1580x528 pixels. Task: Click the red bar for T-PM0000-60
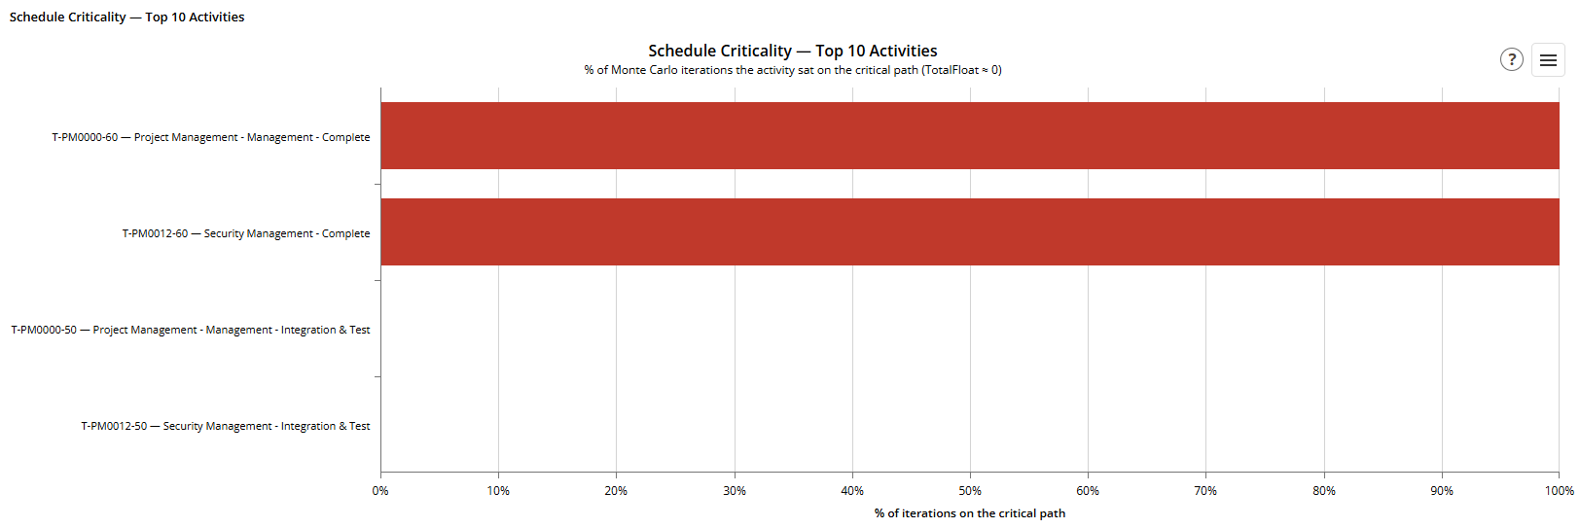pos(970,135)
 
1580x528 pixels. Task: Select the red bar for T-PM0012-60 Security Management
pos(970,232)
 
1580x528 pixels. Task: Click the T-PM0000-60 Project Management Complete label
pos(211,137)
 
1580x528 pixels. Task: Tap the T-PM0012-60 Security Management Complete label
pos(246,233)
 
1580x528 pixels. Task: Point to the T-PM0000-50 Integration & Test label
pos(191,330)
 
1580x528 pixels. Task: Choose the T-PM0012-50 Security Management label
pos(226,426)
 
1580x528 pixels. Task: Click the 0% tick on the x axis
pos(380,491)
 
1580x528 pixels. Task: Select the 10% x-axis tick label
pos(498,491)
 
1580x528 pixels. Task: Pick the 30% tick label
pos(735,491)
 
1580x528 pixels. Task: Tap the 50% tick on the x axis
pos(970,491)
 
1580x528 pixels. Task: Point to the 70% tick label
pos(1205,491)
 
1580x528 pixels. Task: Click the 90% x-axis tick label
pos(1442,491)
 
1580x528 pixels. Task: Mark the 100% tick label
pos(1559,491)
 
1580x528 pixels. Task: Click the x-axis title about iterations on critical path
pos(970,513)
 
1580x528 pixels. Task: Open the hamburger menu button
pos(1548,60)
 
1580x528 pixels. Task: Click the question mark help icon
pos(1512,60)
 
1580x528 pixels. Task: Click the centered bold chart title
pos(793,51)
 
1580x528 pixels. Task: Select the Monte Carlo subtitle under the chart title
pos(793,70)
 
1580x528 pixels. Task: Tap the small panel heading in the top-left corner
pos(126,17)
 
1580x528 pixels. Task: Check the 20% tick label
pos(616,491)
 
